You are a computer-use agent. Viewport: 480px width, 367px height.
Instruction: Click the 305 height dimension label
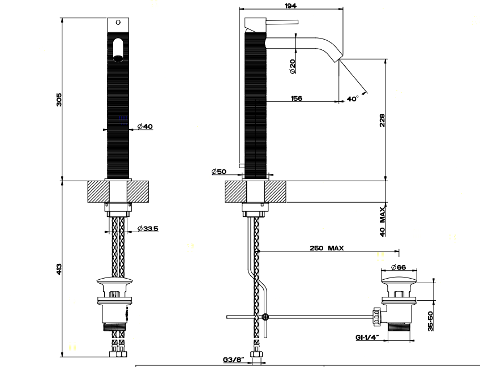(59, 100)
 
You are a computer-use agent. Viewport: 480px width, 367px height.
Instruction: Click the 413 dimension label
(59, 269)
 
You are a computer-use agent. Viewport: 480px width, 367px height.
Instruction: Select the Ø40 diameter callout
(145, 126)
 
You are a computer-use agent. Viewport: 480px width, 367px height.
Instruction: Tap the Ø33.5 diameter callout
(148, 228)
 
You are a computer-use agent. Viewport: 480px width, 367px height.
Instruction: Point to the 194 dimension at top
(290, 6)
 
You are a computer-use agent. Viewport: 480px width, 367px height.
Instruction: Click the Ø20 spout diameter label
(292, 66)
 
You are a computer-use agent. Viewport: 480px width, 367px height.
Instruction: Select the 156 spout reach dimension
(297, 99)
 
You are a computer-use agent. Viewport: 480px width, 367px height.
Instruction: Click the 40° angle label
(353, 99)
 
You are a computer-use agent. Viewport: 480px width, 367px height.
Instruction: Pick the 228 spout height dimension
(382, 120)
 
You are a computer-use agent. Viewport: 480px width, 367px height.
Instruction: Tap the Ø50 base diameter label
(219, 171)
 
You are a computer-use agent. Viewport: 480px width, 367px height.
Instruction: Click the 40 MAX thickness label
(382, 221)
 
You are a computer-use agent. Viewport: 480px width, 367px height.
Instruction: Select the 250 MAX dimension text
(327, 248)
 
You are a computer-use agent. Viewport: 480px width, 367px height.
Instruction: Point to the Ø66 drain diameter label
(398, 267)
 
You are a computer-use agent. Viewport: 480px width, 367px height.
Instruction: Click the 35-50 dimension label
(431, 321)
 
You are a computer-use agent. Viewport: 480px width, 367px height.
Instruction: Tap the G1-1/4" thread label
(367, 338)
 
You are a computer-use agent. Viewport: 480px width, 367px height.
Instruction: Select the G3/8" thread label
(234, 359)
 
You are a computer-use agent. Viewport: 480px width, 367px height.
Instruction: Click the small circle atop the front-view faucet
(118, 22)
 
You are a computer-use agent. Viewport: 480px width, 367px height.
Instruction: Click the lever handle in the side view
(282, 22)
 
